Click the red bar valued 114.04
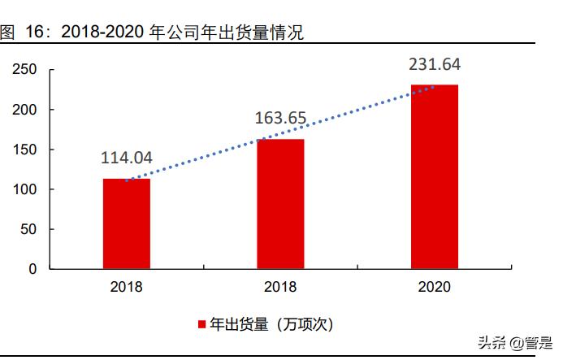(126, 223)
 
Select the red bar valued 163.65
(280, 204)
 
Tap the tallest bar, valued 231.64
(434, 176)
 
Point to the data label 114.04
(126, 158)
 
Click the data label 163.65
(280, 119)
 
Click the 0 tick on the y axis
(32, 269)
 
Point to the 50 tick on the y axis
(28, 229)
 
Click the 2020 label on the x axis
(434, 287)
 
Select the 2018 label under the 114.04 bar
(126, 287)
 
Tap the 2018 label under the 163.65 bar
(280, 287)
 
